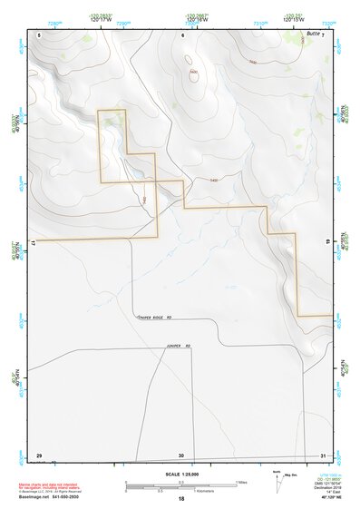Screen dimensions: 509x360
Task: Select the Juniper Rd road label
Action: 180,345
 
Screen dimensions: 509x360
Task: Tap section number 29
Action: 39,455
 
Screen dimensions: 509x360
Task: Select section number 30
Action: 181,455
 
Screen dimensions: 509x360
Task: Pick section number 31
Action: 323,455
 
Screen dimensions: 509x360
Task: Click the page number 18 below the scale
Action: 181,499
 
